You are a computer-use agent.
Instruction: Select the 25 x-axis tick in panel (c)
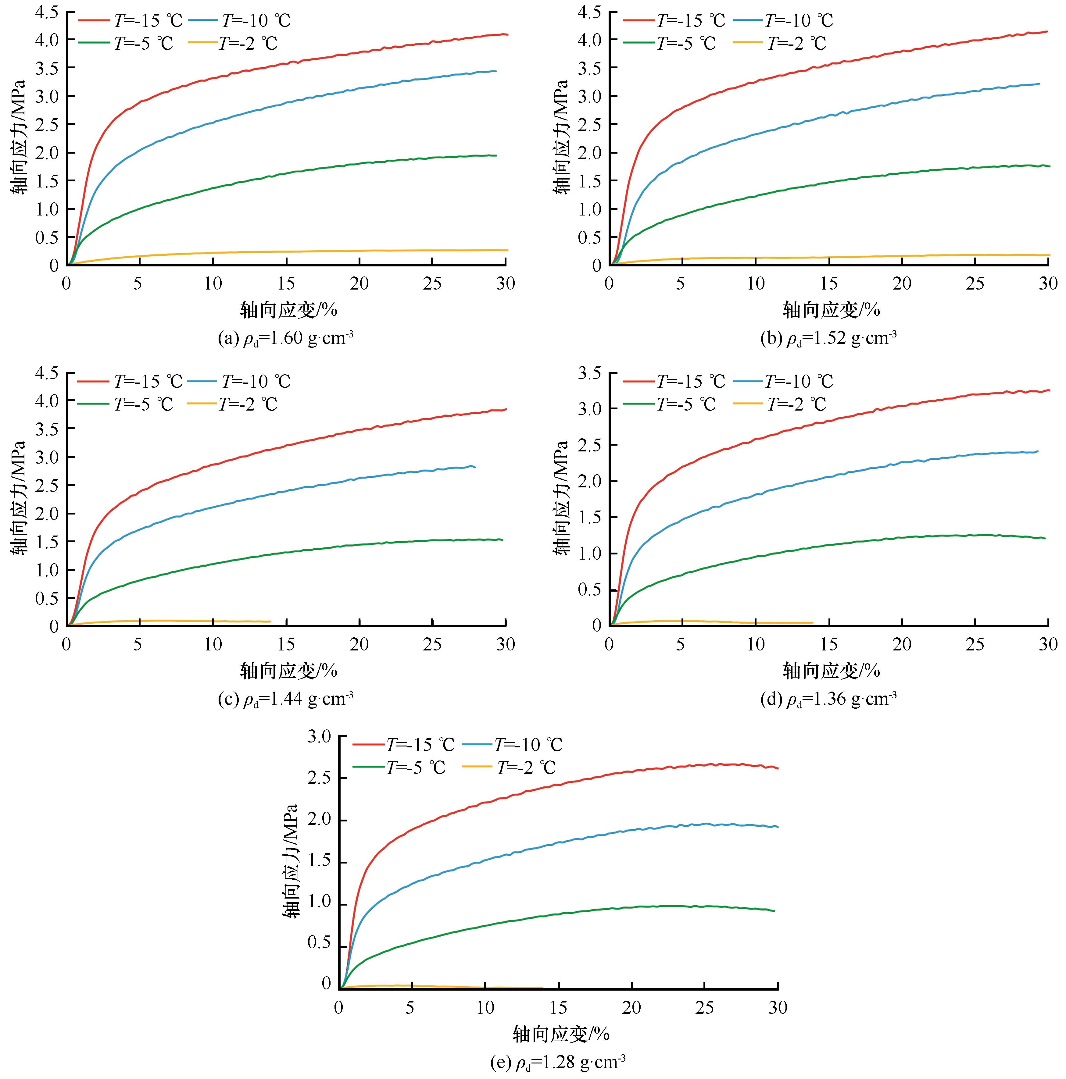tap(432, 644)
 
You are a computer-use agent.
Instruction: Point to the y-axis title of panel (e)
tap(289, 861)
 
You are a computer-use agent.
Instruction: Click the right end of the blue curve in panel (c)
tap(475, 467)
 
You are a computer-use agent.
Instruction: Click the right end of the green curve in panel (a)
tap(496, 155)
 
